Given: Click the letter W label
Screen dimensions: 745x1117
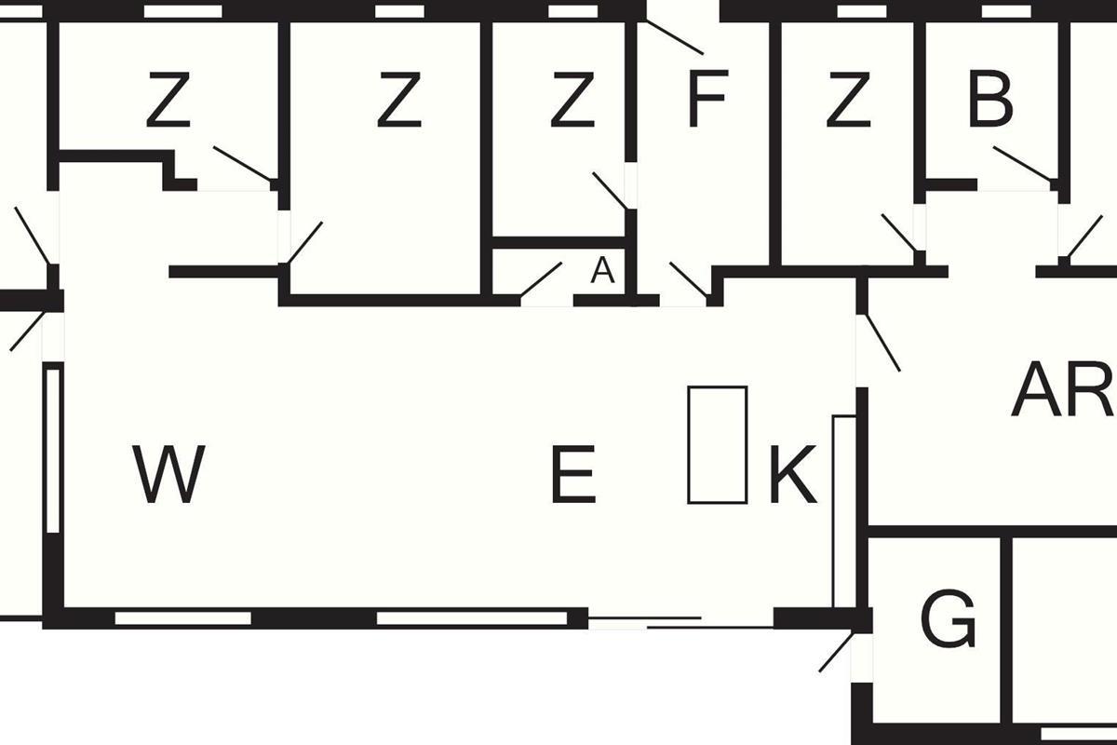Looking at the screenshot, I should [x=168, y=474].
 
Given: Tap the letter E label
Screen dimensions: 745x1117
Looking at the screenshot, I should [x=572, y=474].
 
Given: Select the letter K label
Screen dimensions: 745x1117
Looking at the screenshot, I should [x=792, y=474].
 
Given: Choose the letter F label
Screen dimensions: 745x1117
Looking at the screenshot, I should [x=706, y=101].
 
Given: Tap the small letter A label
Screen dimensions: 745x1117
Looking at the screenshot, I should [x=603, y=271].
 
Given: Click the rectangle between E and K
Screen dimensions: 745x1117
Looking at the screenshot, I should [x=717, y=444].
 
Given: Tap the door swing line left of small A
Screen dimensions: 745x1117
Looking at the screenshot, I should [x=541, y=279].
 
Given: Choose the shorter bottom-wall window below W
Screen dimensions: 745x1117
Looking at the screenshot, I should [x=182, y=617].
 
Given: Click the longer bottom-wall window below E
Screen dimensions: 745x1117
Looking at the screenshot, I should [x=472, y=617].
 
